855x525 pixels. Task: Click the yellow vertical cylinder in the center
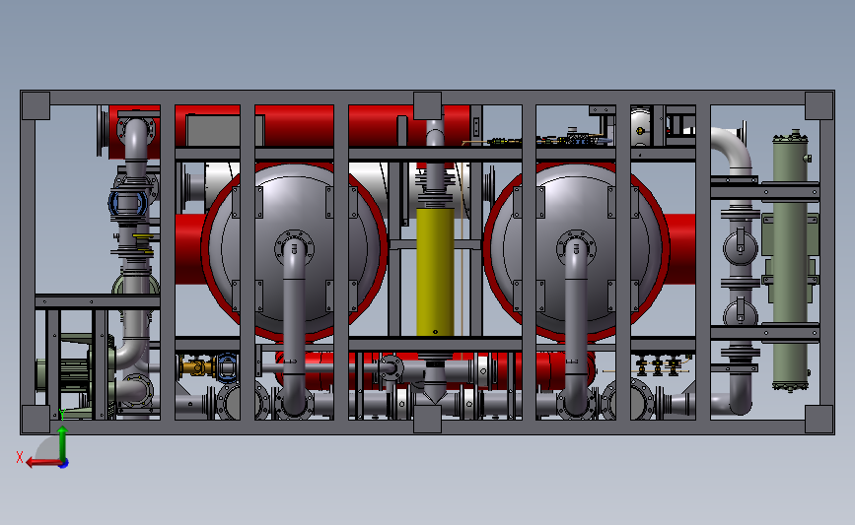pyautogui.click(x=435, y=271)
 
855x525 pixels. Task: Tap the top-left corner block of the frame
pyautogui.click(x=36, y=105)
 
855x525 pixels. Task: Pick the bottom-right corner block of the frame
pyautogui.click(x=819, y=419)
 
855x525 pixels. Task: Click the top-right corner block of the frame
pyautogui.click(x=819, y=105)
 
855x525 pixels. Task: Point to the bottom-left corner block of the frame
pyautogui.click(x=36, y=419)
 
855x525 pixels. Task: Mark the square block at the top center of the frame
pyautogui.click(x=427, y=105)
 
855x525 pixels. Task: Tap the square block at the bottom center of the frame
pyautogui.click(x=427, y=419)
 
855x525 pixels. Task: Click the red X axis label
pyautogui.click(x=20, y=457)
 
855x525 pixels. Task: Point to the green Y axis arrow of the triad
pyautogui.click(x=62, y=433)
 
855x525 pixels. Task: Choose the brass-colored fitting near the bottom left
pyautogui.click(x=195, y=368)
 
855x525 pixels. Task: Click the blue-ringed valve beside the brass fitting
pyautogui.click(x=227, y=367)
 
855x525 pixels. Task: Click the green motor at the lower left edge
pyautogui.click(x=54, y=375)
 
